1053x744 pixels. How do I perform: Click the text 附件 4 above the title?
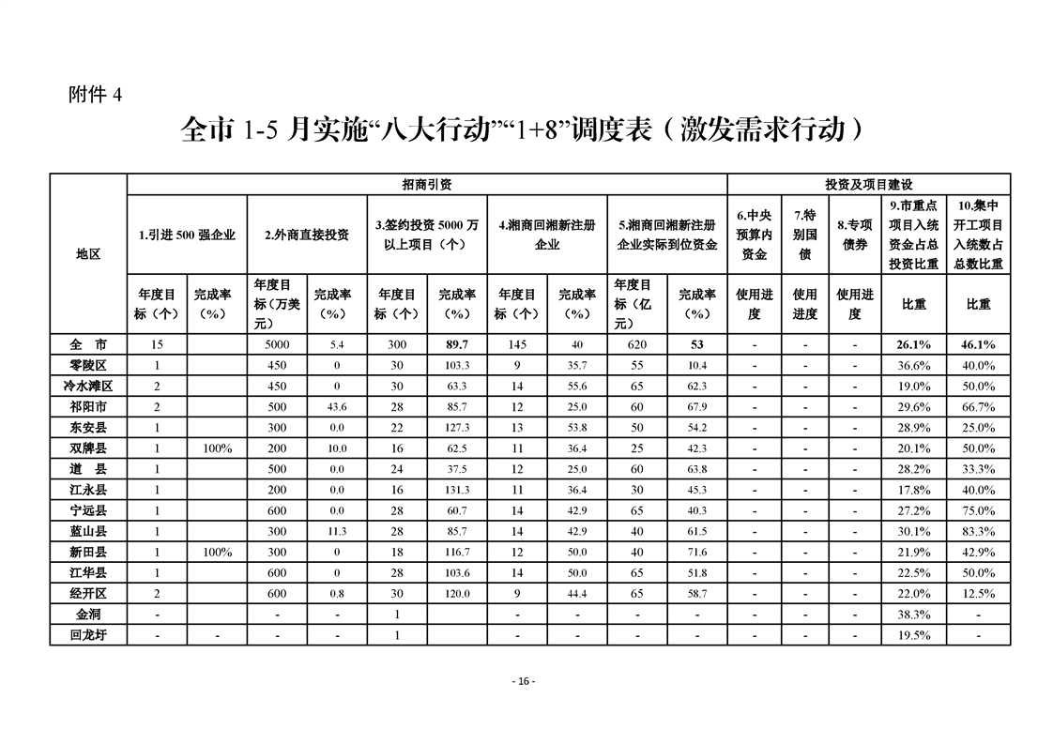(96, 94)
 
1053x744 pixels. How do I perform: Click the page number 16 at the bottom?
(524, 681)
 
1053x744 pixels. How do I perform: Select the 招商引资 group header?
(427, 185)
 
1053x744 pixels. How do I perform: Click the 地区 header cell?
(88, 253)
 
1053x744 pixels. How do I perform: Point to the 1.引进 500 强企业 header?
(187, 235)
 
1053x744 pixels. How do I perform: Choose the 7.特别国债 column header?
(804, 235)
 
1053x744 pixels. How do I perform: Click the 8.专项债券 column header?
(854, 235)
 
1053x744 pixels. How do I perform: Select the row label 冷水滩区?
(88, 386)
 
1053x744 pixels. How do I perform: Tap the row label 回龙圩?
(88, 635)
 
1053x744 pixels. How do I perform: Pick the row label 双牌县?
(88, 448)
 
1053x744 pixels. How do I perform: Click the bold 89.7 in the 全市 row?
(457, 344)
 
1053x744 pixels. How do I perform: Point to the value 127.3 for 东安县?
(457, 427)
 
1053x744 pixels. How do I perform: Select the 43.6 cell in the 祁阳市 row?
(337, 406)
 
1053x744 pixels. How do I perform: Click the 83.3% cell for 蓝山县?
(979, 531)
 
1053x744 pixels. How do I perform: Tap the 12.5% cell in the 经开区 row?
(979, 593)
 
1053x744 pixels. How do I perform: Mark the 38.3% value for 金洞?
(914, 615)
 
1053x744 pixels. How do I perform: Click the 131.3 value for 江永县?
(457, 490)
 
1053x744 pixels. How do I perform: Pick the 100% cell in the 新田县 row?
(217, 552)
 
